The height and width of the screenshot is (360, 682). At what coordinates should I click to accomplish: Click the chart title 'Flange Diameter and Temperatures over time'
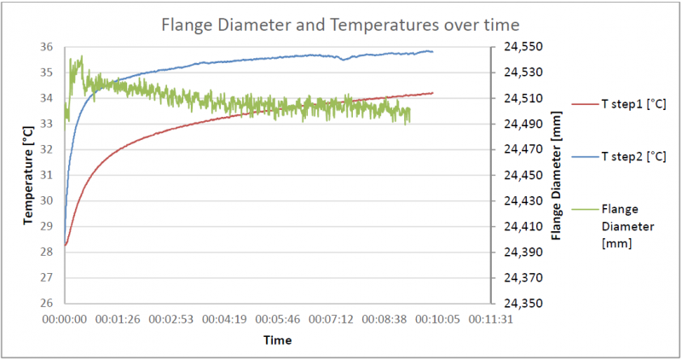click(x=340, y=25)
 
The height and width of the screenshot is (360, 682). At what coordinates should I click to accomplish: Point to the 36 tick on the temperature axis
click(x=47, y=47)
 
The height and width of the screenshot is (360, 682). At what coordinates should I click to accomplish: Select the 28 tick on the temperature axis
click(x=47, y=252)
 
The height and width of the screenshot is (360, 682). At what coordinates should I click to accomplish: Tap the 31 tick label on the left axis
click(x=47, y=175)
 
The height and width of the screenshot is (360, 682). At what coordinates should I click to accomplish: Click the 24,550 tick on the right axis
click(x=523, y=47)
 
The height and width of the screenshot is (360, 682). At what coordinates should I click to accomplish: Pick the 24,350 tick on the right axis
click(x=523, y=303)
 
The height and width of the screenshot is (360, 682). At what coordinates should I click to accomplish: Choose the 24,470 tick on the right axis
click(x=523, y=149)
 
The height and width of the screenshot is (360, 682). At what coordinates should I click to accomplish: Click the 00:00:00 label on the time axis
click(x=65, y=320)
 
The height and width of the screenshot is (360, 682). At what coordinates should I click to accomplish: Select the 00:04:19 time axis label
click(x=224, y=320)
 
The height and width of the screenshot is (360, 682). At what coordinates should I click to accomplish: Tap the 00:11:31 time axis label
click(x=491, y=320)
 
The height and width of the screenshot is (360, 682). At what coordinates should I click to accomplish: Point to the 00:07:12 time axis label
click(x=331, y=320)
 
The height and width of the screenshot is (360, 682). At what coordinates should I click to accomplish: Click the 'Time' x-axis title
click(x=278, y=340)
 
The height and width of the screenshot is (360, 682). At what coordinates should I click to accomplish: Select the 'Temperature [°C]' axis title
click(x=28, y=176)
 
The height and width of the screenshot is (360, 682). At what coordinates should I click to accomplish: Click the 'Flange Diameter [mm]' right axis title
click(x=557, y=176)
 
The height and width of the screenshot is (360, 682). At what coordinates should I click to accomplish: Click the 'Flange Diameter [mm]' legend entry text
click(x=628, y=226)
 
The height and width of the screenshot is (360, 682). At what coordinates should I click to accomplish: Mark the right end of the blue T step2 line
click(x=433, y=52)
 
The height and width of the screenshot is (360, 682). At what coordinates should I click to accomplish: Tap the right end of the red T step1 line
click(x=433, y=93)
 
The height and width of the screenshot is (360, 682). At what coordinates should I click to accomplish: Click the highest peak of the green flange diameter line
click(x=82, y=56)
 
